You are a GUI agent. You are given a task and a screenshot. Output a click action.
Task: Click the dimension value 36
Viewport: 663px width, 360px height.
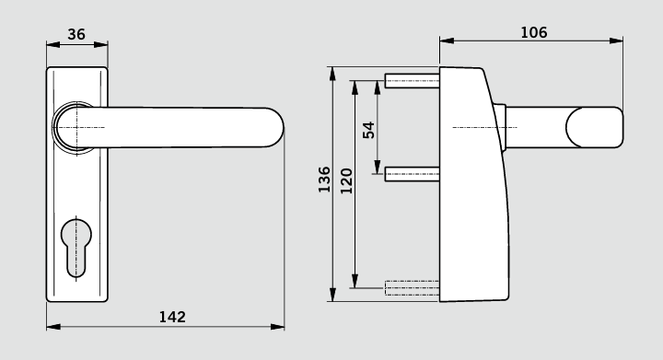pyautogui.click(x=76, y=34)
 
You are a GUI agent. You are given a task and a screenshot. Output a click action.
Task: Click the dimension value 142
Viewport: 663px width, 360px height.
pyautogui.click(x=172, y=317)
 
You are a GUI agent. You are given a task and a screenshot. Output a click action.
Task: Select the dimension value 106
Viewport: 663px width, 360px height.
pyautogui.click(x=533, y=32)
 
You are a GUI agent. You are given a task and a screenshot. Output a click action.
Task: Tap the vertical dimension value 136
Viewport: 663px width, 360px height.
pyautogui.click(x=324, y=180)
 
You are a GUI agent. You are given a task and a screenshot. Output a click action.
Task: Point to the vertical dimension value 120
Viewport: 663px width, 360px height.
pyautogui.click(x=346, y=180)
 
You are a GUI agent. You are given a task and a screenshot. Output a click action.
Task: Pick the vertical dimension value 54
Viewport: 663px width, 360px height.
pyautogui.click(x=368, y=130)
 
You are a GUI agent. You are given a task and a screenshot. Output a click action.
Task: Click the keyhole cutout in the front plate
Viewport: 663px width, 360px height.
pyautogui.click(x=76, y=248)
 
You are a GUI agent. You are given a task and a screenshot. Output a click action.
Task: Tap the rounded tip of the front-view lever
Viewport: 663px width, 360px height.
pyautogui.click(x=277, y=127)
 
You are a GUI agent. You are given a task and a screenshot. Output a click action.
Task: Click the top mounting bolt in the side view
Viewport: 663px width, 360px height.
pyautogui.click(x=412, y=80)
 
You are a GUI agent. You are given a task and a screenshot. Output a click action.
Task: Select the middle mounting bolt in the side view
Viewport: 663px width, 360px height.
pyautogui.click(x=412, y=174)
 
